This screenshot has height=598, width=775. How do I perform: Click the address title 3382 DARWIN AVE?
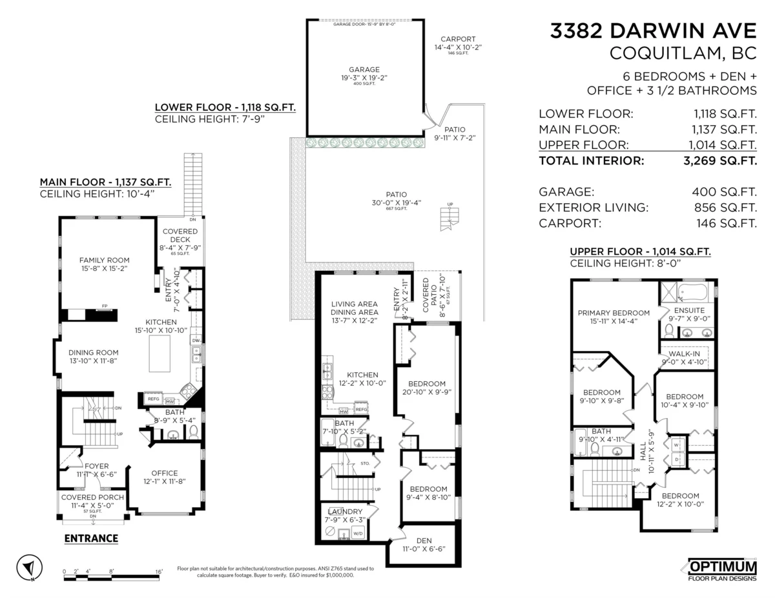pyautogui.click(x=653, y=31)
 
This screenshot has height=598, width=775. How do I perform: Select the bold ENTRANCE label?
pyautogui.click(x=91, y=538)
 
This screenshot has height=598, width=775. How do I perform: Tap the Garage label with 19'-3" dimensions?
pyautogui.click(x=364, y=70)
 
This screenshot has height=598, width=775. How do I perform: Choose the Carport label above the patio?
pyautogui.click(x=458, y=39)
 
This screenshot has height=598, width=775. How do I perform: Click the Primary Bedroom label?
pyautogui.click(x=613, y=314)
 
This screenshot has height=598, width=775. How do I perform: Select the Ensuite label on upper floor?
pyautogui.click(x=689, y=310)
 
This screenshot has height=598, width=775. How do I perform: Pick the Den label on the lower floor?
pyautogui.click(x=424, y=541)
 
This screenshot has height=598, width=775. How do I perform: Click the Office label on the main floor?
pyautogui.click(x=164, y=473)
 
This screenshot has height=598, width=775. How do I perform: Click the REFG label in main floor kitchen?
pyautogui.click(x=154, y=399)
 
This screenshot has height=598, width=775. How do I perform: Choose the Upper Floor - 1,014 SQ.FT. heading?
pyautogui.click(x=640, y=252)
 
